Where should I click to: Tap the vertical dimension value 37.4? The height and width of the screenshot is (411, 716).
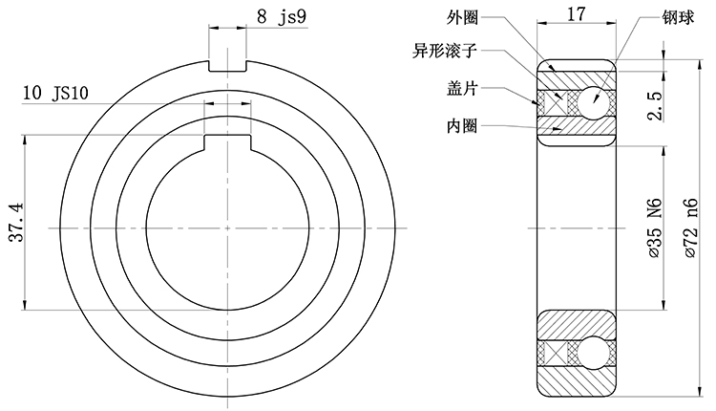click(x=14, y=222)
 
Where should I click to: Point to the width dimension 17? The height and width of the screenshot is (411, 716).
click(x=576, y=14)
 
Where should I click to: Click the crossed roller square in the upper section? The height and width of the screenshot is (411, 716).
click(x=555, y=100)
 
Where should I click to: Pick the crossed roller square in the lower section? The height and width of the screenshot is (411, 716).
click(x=555, y=353)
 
